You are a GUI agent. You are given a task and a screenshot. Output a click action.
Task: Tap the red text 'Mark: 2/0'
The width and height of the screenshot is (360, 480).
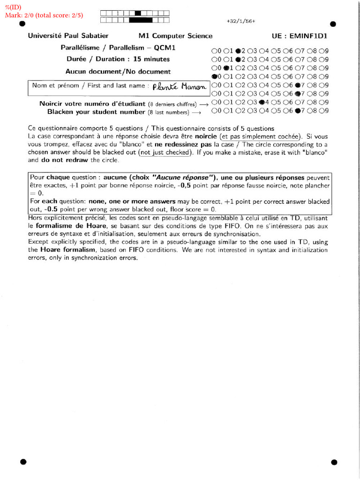click(20, 15)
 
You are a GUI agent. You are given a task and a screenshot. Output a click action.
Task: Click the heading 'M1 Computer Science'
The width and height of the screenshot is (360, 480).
click(175, 36)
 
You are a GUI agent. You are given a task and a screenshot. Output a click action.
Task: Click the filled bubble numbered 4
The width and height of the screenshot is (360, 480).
click(262, 102)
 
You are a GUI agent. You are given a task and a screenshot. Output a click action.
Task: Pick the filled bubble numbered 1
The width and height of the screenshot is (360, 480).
click(226, 67)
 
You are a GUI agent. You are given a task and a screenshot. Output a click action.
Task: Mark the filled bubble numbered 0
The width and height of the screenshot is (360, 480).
click(214, 76)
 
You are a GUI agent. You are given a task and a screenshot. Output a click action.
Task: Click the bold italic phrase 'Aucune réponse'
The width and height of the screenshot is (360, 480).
click(181, 178)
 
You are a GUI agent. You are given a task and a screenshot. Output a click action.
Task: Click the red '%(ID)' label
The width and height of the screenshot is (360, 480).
click(13, 7)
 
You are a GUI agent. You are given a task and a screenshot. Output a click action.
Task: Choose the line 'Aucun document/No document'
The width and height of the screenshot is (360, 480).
click(118, 72)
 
